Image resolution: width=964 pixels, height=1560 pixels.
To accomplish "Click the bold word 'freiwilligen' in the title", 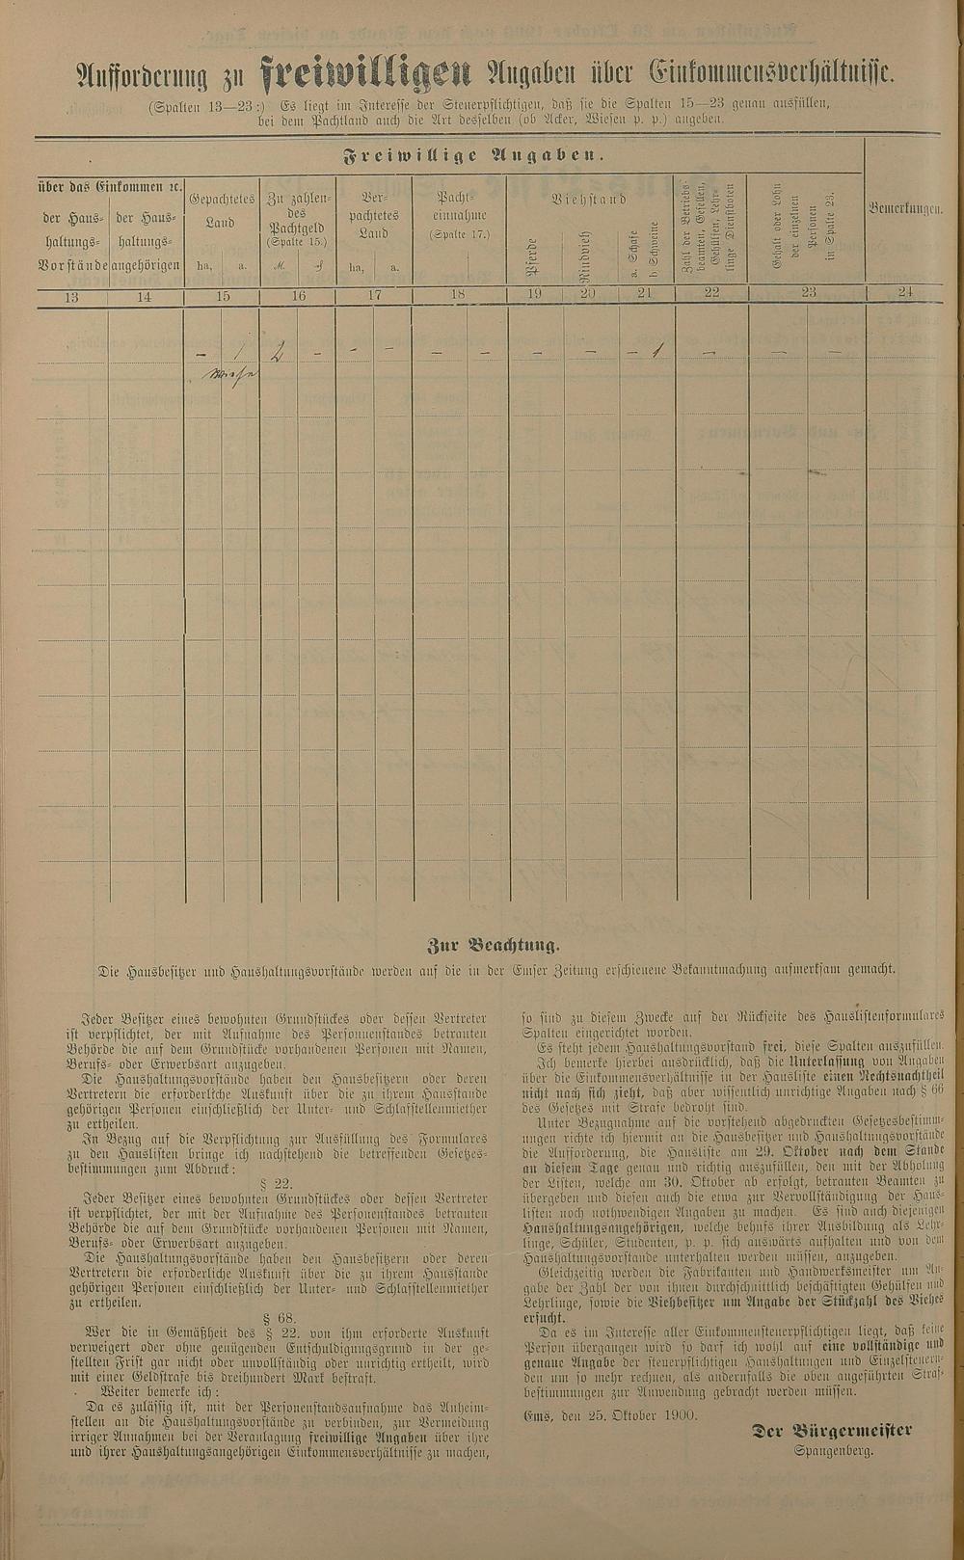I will [x=365, y=73].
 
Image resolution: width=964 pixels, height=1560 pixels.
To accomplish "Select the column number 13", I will [x=71, y=297].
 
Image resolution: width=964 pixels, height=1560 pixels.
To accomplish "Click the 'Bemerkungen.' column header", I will [x=904, y=207].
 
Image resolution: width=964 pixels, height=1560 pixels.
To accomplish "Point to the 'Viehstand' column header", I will [x=589, y=200].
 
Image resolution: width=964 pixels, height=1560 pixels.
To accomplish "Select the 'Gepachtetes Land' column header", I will [x=222, y=210].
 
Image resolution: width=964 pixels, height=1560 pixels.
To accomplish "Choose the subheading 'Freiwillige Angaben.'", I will [x=472, y=154].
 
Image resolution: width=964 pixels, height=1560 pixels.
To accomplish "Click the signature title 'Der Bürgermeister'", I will [x=832, y=1431].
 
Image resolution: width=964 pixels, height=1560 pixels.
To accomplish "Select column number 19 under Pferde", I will [x=535, y=297].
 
